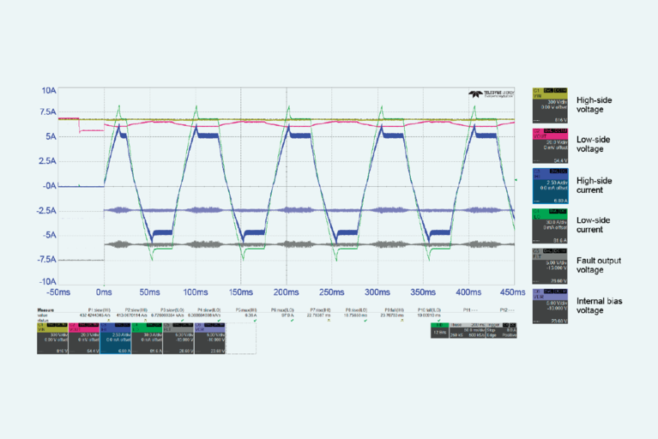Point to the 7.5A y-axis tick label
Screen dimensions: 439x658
(47, 112)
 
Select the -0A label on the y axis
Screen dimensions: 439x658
(49, 185)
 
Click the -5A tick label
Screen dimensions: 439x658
(49, 234)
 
